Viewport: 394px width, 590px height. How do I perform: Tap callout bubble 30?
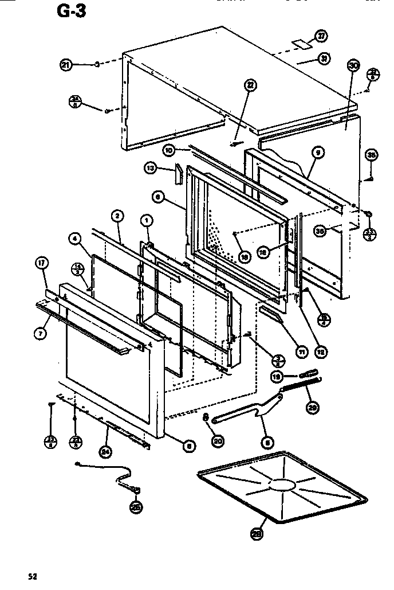click(353, 66)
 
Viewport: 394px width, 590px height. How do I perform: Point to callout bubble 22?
click(250, 87)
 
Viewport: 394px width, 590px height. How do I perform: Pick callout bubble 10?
click(169, 150)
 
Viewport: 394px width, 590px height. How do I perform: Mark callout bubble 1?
click(146, 220)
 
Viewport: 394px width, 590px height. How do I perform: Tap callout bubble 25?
click(136, 506)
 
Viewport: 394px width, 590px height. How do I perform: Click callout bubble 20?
click(218, 440)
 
